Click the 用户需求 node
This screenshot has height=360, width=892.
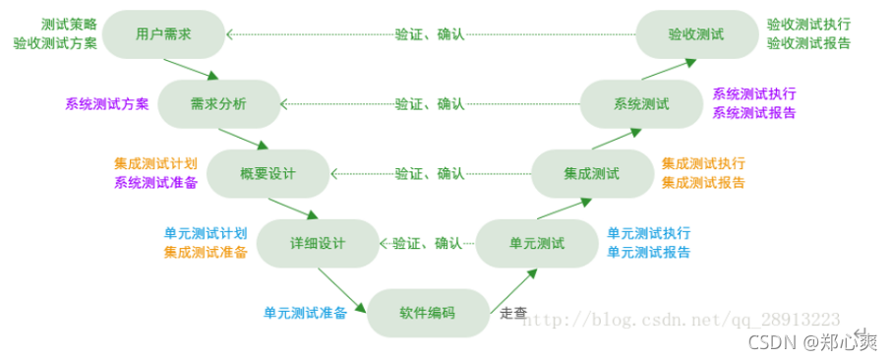[x=163, y=33]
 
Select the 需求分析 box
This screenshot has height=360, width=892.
[x=218, y=103]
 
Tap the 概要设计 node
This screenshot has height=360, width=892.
[x=268, y=173]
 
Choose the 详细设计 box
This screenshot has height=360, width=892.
[x=317, y=243]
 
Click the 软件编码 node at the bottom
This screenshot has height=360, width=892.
[x=427, y=313]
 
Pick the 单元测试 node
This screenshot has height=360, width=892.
[x=536, y=243]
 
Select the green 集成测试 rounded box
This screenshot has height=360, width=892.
[x=591, y=173]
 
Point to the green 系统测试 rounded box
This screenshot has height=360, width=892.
[x=640, y=103]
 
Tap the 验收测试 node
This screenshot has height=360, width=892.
[x=695, y=33]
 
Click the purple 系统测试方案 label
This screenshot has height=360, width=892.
[x=107, y=103]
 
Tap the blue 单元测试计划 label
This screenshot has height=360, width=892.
[x=205, y=233]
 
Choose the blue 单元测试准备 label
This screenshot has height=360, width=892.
[x=305, y=314]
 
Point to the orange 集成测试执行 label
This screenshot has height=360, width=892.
[x=703, y=163]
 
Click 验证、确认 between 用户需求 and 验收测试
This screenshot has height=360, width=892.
[x=430, y=33]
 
